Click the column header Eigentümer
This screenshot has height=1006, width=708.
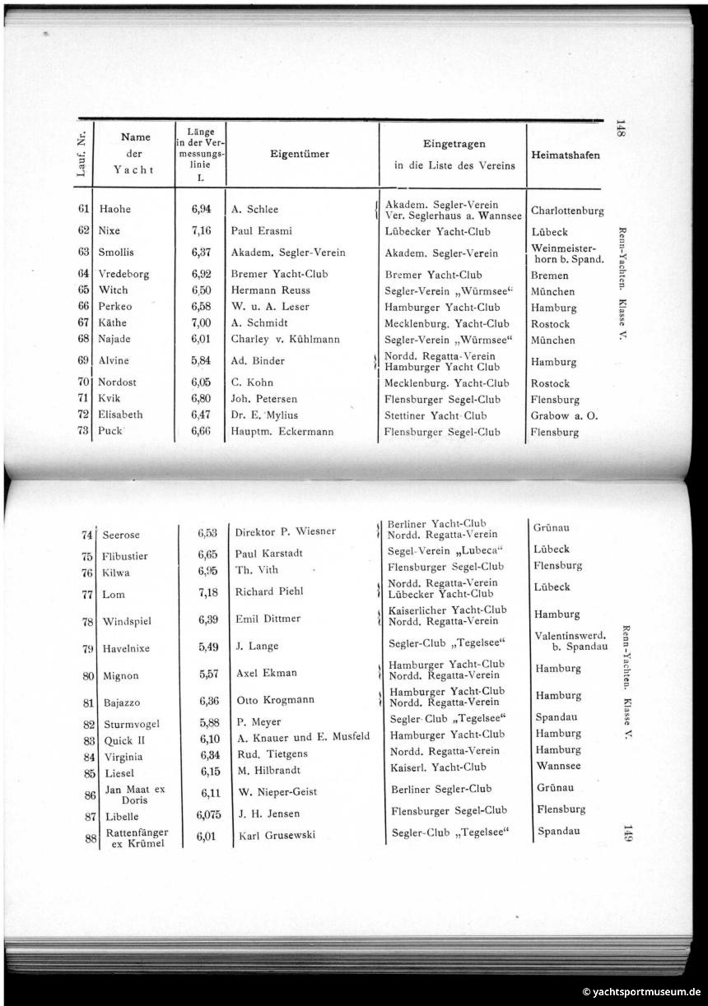300,154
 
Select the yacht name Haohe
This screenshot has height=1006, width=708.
115,209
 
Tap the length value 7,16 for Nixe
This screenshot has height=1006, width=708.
201,231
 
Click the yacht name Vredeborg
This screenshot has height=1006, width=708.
123,274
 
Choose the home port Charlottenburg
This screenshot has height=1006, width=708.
567,211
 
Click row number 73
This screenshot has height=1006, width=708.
82,430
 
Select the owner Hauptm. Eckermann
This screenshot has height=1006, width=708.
282,431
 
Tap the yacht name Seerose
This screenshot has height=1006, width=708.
121,535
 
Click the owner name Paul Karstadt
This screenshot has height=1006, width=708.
269,554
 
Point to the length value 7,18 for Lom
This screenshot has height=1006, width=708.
207,592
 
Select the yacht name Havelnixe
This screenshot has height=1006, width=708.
126,648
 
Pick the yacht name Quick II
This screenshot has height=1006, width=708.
124,740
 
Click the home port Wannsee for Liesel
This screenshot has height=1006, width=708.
557,766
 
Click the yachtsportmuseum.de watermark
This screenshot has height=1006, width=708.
642,992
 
